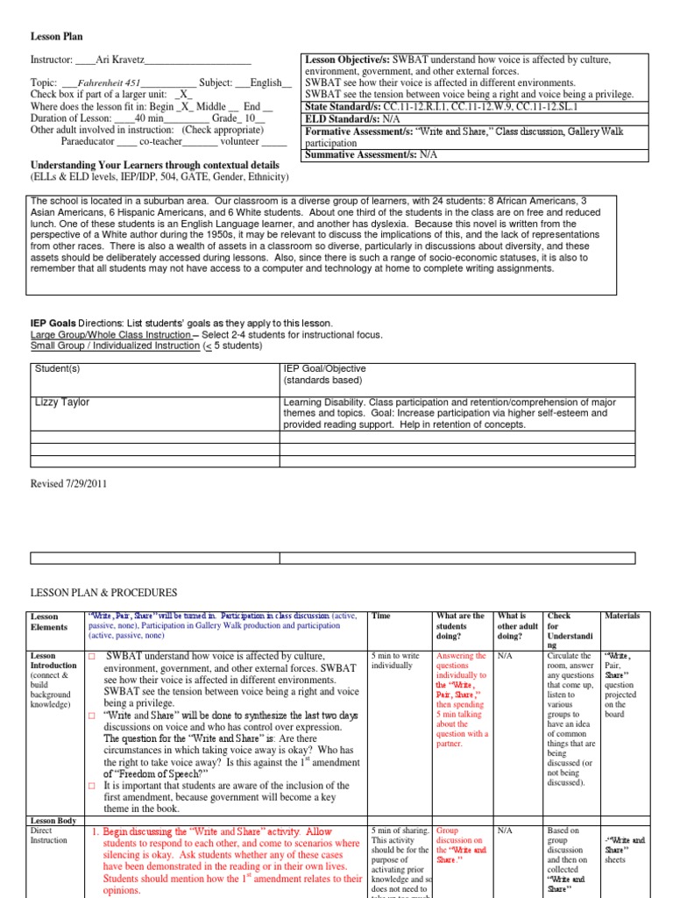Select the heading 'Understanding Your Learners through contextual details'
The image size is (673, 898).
point(155,165)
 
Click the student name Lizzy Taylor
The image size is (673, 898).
point(62,403)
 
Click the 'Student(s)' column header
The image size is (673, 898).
point(57,369)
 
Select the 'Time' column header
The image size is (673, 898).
point(381,616)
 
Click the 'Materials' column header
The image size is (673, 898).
point(622,616)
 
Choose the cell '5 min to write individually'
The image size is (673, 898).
point(396,660)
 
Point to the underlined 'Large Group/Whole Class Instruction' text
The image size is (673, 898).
point(110,335)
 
